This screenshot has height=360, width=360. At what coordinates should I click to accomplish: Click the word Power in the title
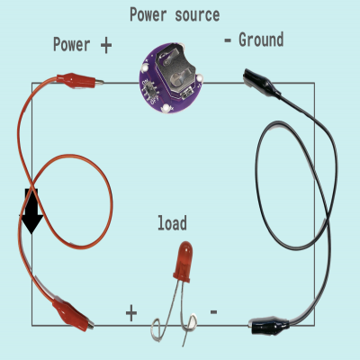(x=148, y=14)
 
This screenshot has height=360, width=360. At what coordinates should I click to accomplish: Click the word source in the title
(x=197, y=15)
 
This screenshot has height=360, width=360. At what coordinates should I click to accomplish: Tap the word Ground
(x=261, y=40)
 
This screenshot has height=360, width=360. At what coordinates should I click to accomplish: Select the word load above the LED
(x=172, y=223)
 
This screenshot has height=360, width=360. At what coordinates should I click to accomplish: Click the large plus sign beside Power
(x=106, y=46)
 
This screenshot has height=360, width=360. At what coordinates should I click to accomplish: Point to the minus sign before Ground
(x=228, y=40)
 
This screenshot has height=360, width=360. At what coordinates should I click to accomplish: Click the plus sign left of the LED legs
(x=131, y=313)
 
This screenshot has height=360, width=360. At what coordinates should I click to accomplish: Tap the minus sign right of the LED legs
(x=213, y=312)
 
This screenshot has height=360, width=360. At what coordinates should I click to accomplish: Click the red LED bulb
(x=184, y=262)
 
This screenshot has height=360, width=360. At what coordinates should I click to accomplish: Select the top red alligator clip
(x=80, y=81)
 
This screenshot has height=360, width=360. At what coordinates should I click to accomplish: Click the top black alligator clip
(x=262, y=83)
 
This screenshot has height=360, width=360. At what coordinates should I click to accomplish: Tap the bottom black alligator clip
(x=269, y=326)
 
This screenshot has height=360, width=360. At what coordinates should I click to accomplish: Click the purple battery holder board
(x=171, y=78)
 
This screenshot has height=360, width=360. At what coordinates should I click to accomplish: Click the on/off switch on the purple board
(x=148, y=89)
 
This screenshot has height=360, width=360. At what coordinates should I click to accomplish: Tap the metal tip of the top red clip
(x=99, y=82)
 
